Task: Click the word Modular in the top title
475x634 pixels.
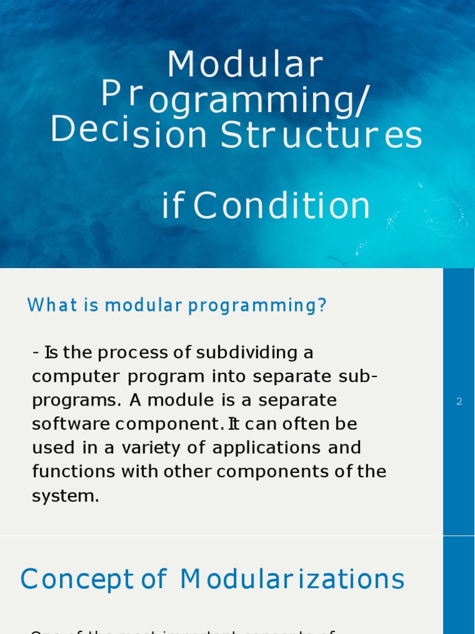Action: coord(245,65)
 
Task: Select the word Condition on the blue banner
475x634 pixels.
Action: coord(282,207)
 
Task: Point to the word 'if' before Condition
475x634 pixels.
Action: coord(173,207)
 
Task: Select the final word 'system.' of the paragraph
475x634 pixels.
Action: coord(65,496)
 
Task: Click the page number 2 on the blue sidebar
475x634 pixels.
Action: coord(459,401)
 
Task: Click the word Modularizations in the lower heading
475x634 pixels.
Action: coord(293,580)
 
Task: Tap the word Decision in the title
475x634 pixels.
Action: coord(129,132)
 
